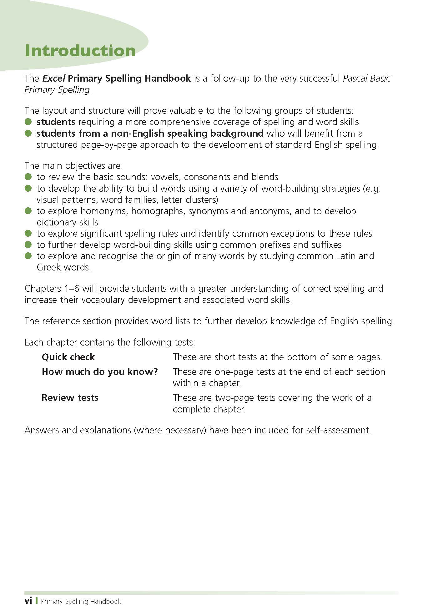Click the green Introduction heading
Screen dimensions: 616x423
point(80,51)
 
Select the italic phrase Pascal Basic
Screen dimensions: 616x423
point(366,78)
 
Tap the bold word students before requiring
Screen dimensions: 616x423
point(56,122)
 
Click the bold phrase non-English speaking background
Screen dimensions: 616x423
point(187,134)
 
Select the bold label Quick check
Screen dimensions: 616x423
point(68,357)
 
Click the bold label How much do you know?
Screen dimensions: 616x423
point(100,372)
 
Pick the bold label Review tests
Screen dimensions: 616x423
point(70,398)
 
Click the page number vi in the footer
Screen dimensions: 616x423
point(28,601)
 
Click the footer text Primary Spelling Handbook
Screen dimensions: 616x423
point(81,601)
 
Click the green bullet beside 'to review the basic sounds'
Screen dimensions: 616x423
point(28,177)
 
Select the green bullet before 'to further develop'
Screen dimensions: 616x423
point(28,245)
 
